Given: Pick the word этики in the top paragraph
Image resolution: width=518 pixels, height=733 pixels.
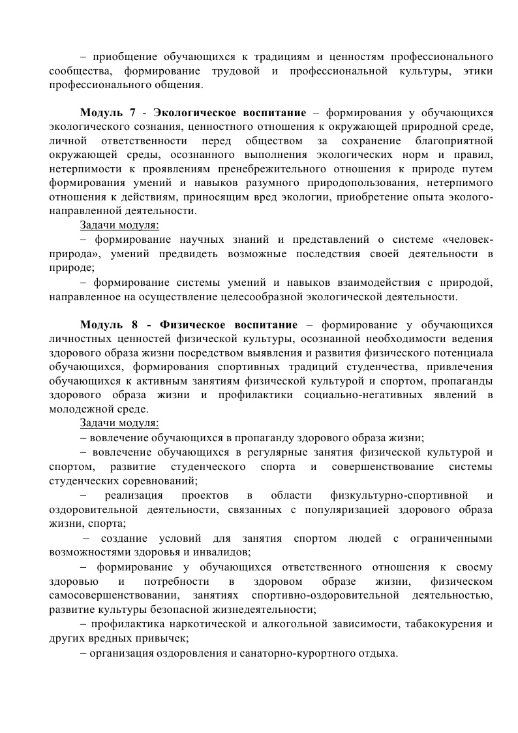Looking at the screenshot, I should click(x=478, y=70).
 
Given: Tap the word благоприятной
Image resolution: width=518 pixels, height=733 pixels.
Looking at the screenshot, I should click(x=453, y=141).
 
